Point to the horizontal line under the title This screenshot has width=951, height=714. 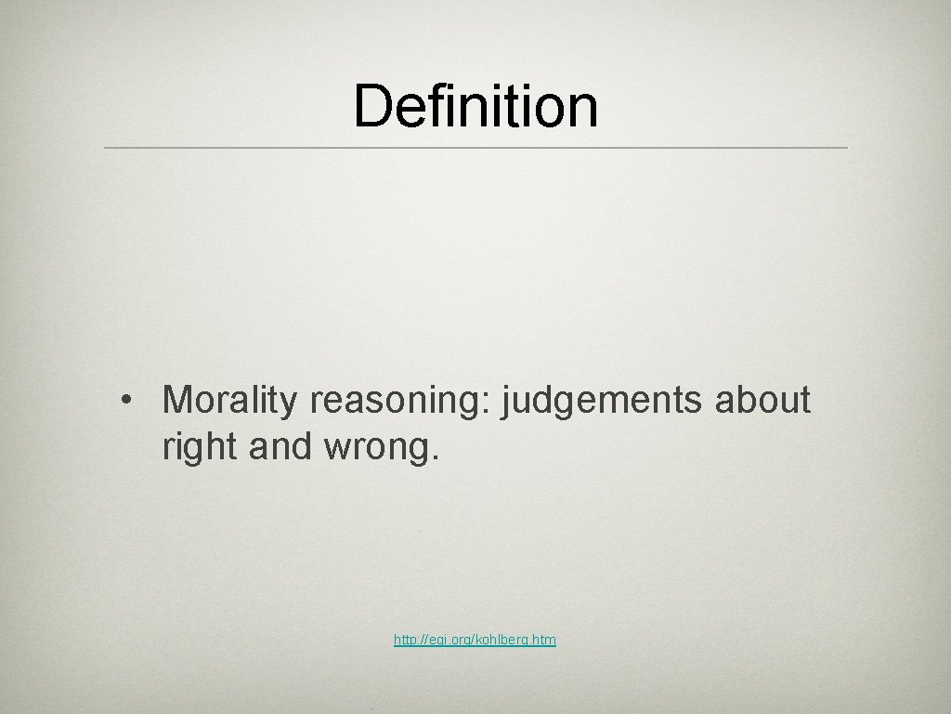coord(475,148)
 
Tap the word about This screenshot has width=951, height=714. coord(763,401)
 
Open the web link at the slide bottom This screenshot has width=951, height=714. coord(475,640)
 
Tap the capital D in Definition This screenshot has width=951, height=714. coord(371,105)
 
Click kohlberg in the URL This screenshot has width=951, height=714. coord(502,640)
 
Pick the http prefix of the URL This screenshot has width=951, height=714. coord(405,640)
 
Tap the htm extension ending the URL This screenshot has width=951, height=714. coord(546,640)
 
